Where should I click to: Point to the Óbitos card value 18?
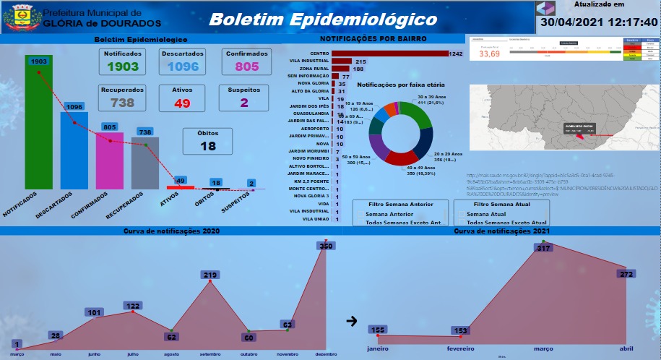pyautogui.click(x=208, y=146)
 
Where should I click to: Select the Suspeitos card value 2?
pyautogui.click(x=244, y=103)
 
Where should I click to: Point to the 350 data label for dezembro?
pyautogui.click(x=326, y=247)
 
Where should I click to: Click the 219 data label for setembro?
pyautogui.click(x=211, y=275)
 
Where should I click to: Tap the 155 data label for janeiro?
pyautogui.click(x=378, y=330)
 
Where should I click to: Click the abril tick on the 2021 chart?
pyautogui.click(x=626, y=347)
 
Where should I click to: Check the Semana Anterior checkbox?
pyautogui.click(x=360, y=215)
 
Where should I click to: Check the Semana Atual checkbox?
pyautogui.click(x=462, y=215)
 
